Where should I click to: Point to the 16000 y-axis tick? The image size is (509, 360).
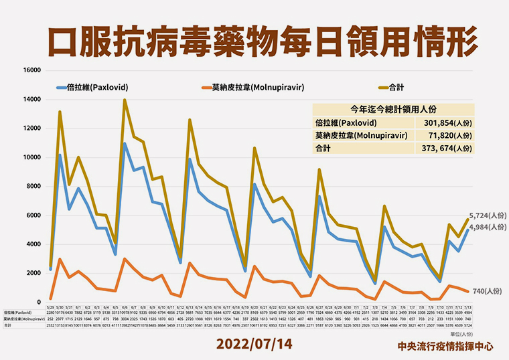(x=32, y=70)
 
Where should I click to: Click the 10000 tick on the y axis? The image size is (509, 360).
(x=32, y=157)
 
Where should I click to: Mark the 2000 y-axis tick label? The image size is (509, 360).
(x=33, y=273)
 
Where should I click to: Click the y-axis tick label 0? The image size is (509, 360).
(x=40, y=302)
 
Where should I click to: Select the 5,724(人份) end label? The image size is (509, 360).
(x=487, y=215)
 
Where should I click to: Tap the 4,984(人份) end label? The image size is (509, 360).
(x=487, y=228)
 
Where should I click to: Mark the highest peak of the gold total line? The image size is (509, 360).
(x=125, y=100)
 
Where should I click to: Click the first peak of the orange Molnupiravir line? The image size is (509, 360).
(x=60, y=259)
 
